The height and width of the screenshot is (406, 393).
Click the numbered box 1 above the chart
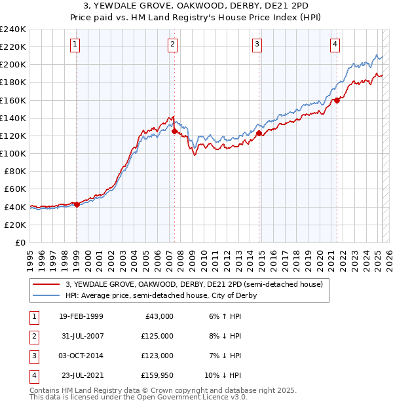pos(76,45)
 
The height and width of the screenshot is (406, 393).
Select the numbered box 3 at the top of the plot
pos(257,45)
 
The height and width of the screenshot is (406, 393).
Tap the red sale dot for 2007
pos(175,132)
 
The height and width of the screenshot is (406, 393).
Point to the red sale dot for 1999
pos(77,204)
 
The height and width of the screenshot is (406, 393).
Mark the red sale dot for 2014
pos(259,134)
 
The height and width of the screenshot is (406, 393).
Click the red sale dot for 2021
pos(337,100)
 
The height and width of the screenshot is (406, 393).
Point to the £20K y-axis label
pos(15,225)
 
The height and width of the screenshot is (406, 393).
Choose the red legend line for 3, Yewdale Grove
pos(47,285)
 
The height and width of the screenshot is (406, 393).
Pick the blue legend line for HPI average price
pos(47,295)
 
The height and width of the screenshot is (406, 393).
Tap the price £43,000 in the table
pos(159,316)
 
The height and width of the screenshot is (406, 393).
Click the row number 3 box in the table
pos(33,356)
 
